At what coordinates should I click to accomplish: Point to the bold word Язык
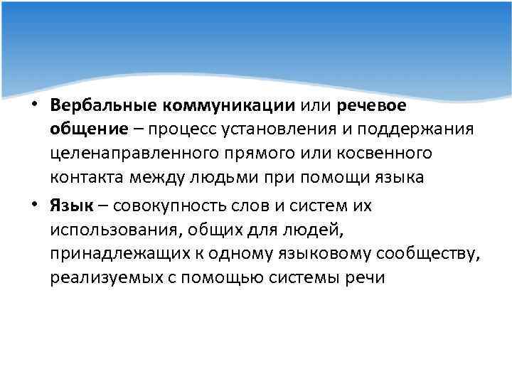point(70,206)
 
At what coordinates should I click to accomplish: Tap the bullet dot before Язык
point(36,206)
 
